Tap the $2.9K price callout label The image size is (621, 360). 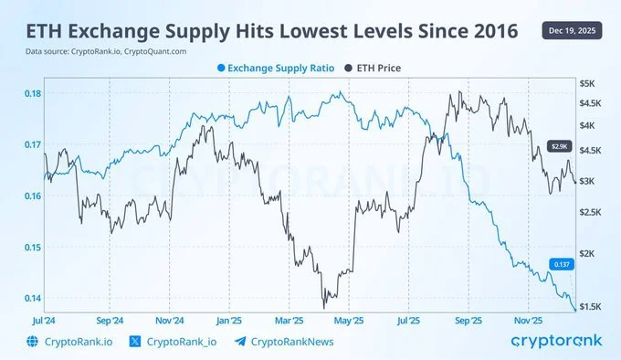click(559, 145)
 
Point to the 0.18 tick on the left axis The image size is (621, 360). click(30, 93)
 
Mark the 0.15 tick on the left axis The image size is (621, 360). click(30, 247)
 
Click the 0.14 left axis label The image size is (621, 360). click(30, 298)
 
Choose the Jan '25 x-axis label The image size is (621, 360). click(229, 322)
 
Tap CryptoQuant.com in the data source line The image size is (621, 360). click(164, 51)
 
